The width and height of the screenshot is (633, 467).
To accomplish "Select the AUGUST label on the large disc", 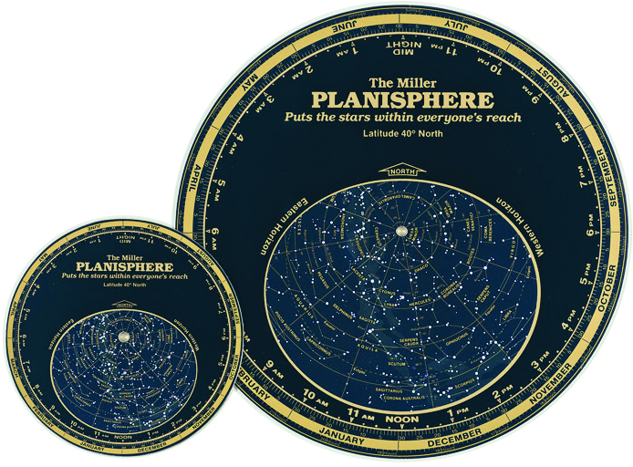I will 559,75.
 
